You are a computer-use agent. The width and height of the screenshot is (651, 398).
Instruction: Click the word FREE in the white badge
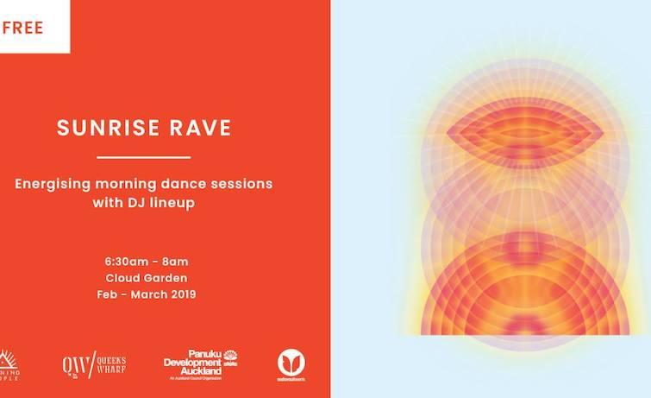coord(23,27)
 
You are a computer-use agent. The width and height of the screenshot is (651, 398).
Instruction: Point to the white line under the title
coord(143,157)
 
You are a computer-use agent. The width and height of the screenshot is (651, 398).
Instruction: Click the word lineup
coord(175,204)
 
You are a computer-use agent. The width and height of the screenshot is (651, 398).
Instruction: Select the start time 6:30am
coord(120,262)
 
